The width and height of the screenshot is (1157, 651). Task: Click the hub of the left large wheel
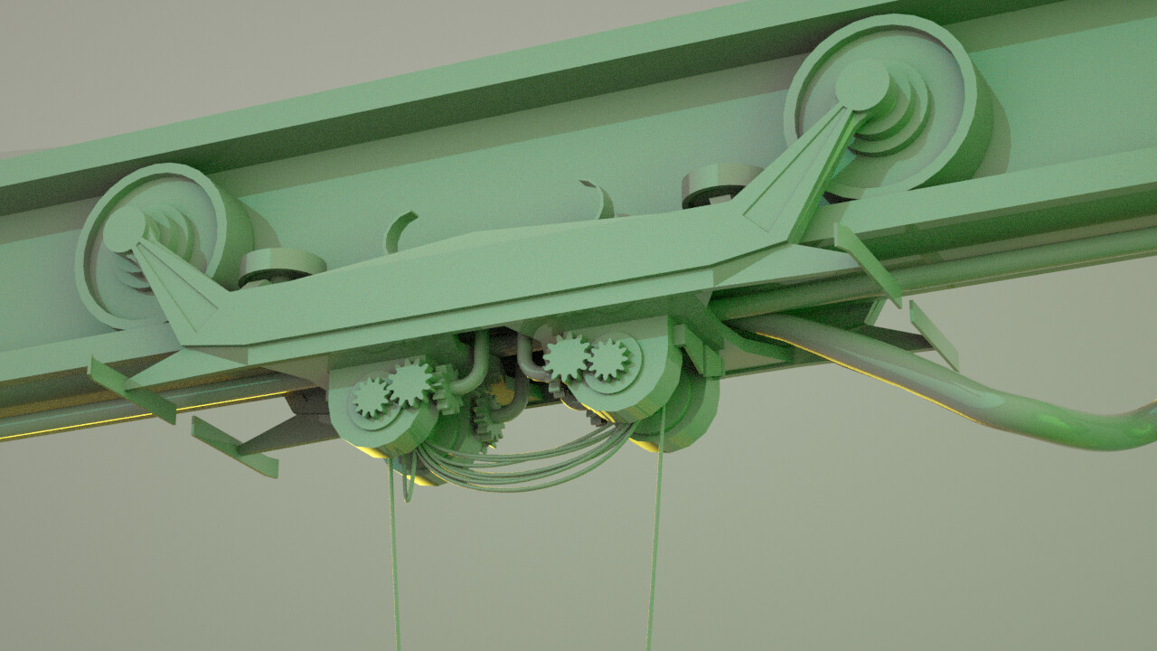point(125,229)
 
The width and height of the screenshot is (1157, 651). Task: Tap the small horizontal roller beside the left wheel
point(281,265)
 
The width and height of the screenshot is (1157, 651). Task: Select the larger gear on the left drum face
point(410,383)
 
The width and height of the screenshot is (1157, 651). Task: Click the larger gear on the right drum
point(568,357)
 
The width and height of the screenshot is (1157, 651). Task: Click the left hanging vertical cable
point(395,561)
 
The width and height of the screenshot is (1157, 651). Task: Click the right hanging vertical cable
point(654,542)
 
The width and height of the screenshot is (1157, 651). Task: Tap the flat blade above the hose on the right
point(933,335)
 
